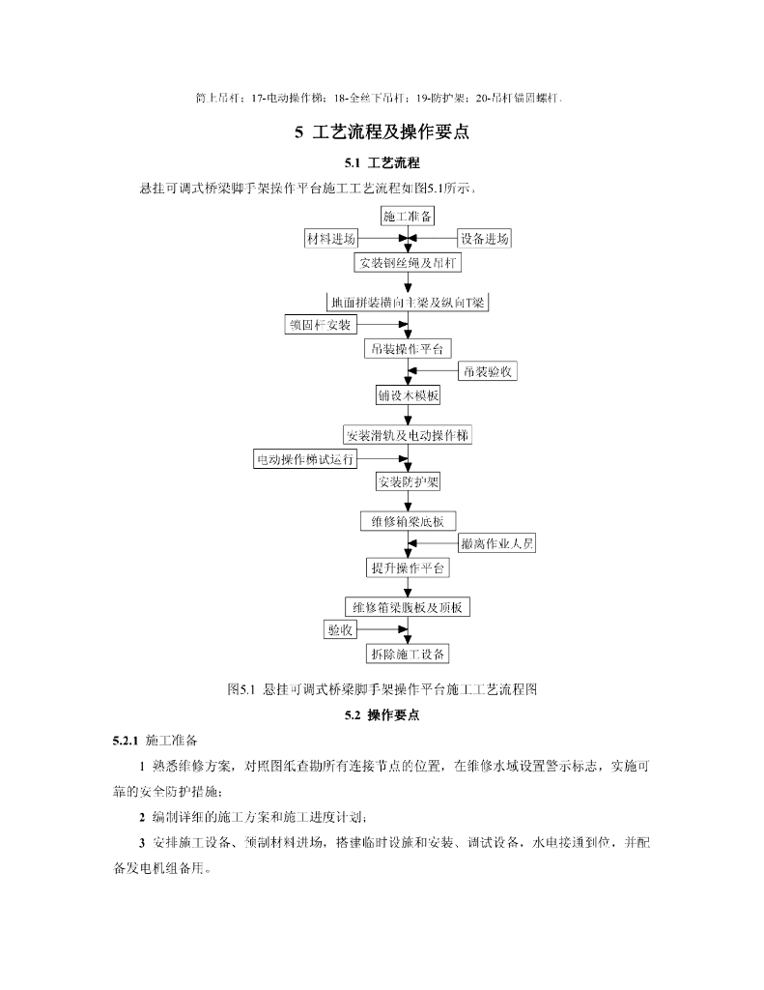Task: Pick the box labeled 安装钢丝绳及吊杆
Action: click(409, 262)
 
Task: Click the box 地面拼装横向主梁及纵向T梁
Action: click(408, 302)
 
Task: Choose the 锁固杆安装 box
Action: click(320, 324)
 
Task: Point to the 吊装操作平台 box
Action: click(408, 348)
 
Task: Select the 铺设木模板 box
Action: click(408, 395)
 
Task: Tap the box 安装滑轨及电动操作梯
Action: click(408, 435)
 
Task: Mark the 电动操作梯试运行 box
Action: click(297, 459)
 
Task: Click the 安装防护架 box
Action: click(408, 481)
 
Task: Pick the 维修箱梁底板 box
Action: click(408, 521)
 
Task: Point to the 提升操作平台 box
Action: click(408, 568)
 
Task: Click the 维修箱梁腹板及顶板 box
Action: click(408, 607)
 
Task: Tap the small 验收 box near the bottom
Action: click(340, 630)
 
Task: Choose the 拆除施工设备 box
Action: click(408, 655)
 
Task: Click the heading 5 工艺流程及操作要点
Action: click(381, 131)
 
